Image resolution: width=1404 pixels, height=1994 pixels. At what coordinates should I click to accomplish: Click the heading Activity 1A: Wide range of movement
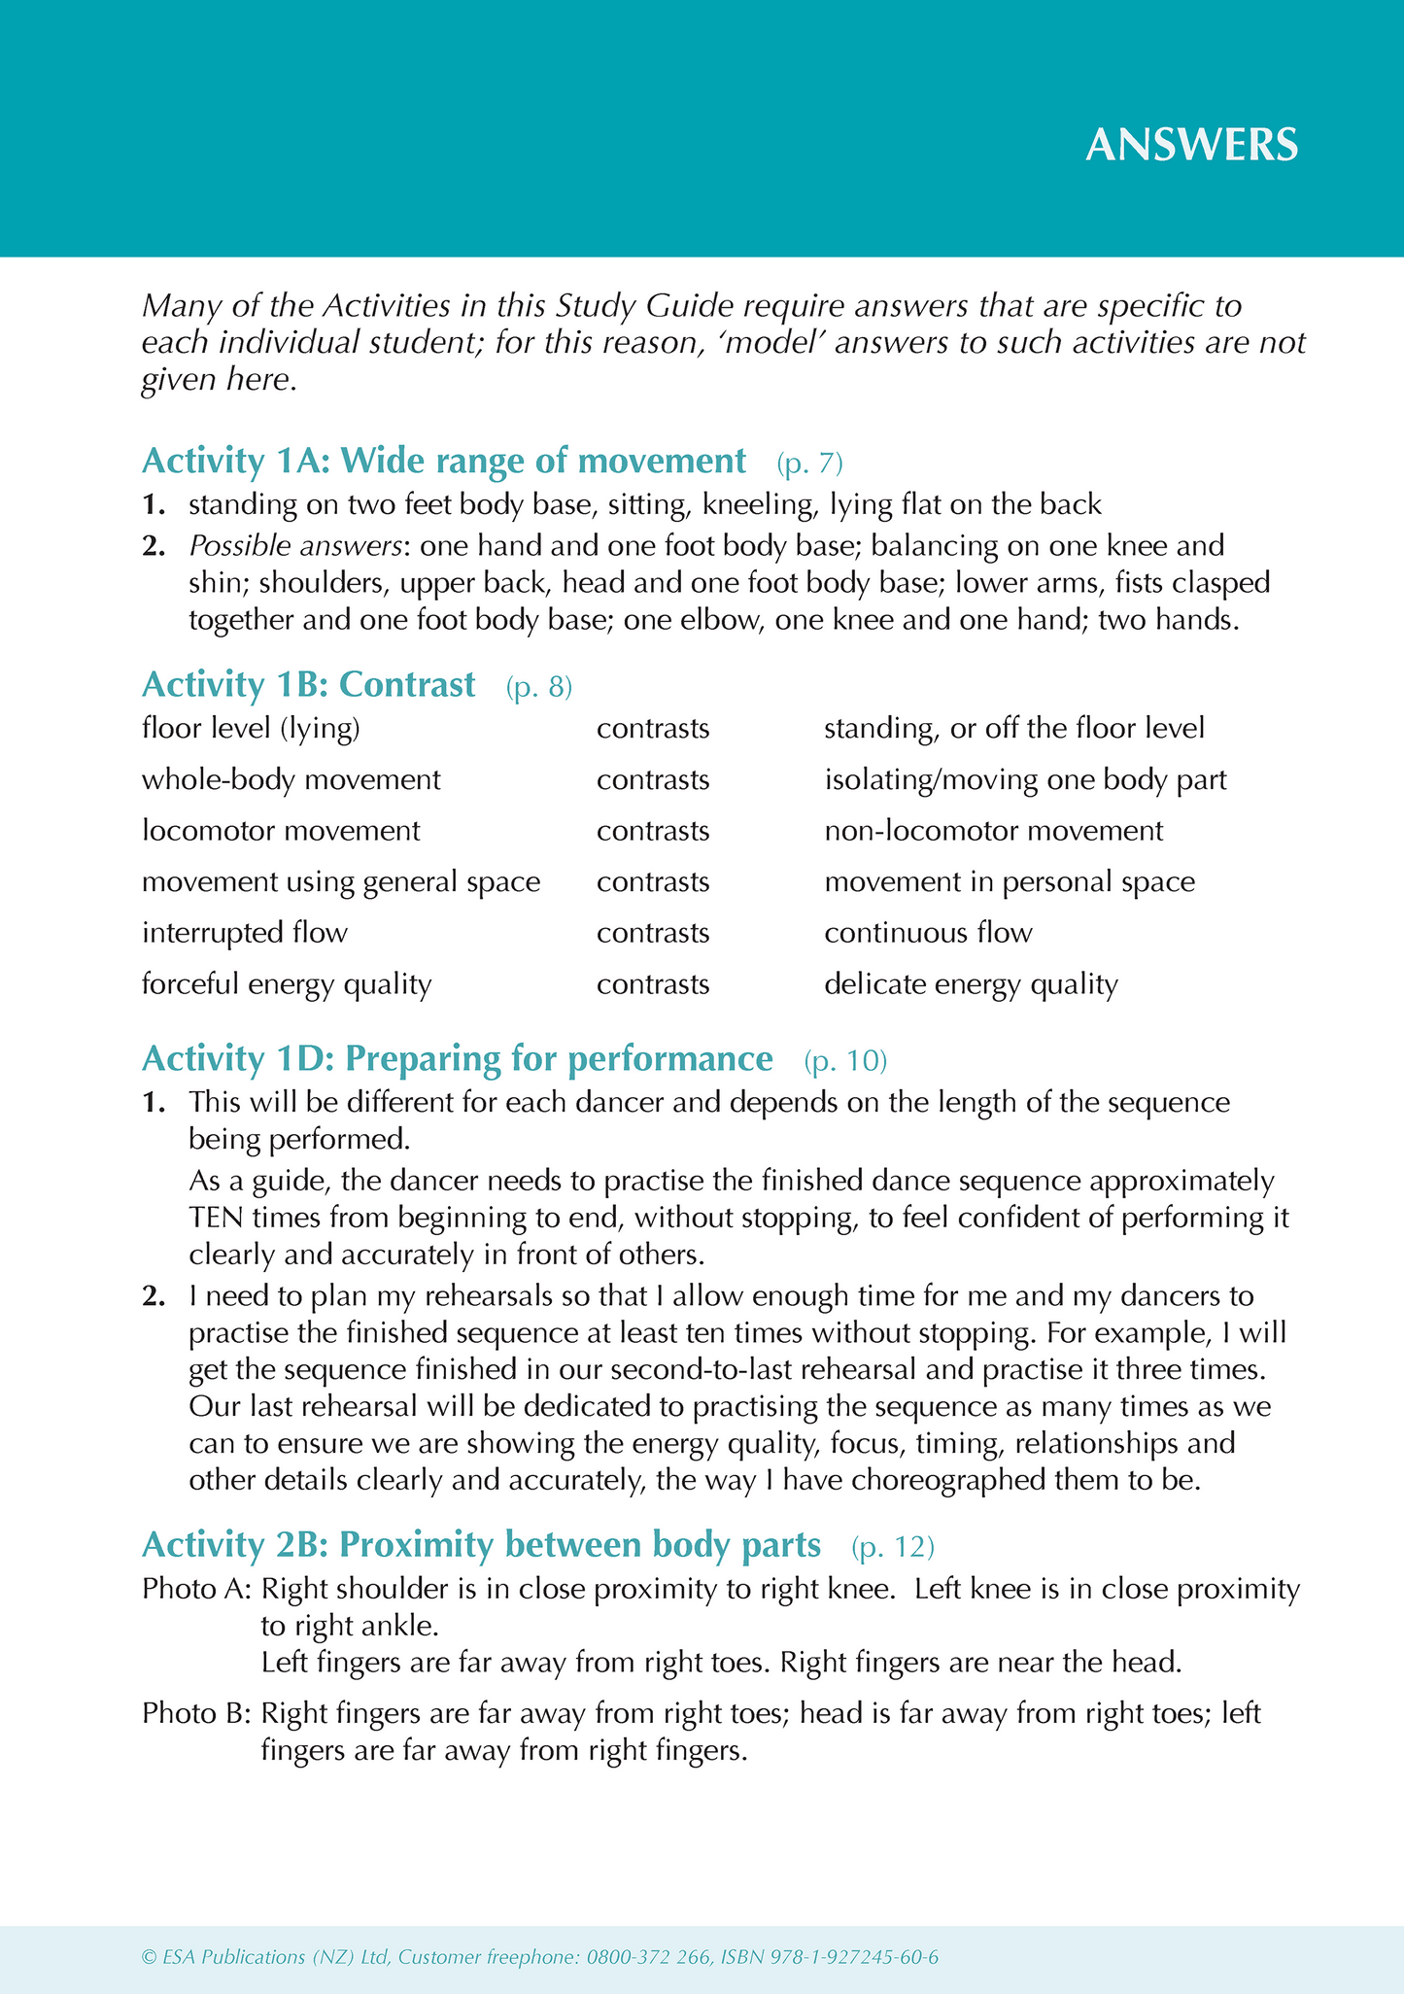coord(443,461)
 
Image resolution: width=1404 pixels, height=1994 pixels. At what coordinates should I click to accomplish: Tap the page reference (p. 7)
coord(809,464)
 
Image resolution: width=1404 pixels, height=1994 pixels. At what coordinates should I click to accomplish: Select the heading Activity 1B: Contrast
coord(308,685)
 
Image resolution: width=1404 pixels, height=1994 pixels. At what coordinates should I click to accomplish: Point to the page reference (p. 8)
coord(539,688)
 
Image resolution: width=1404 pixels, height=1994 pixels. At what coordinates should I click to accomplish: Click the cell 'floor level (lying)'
coord(251,729)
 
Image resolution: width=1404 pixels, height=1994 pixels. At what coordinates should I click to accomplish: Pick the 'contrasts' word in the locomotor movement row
coord(653,831)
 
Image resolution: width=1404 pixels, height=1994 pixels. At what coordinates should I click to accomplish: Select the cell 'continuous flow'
coord(928,933)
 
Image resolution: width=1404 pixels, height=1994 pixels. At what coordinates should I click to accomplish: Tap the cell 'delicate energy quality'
coord(971,984)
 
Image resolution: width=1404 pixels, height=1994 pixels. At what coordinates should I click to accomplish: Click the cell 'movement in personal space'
coord(1010,882)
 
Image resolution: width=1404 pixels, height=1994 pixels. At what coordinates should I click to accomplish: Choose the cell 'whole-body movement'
coord(291,779)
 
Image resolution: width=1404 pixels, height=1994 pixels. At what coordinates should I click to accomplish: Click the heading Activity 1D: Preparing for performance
coord(457,1058)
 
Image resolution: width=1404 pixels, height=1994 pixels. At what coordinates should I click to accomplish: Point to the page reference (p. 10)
coord(845,1061)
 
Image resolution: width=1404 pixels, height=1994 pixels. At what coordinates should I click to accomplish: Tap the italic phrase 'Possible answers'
coord(295,546)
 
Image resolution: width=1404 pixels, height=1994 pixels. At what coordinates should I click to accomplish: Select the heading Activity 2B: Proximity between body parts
coord(481,1544)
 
